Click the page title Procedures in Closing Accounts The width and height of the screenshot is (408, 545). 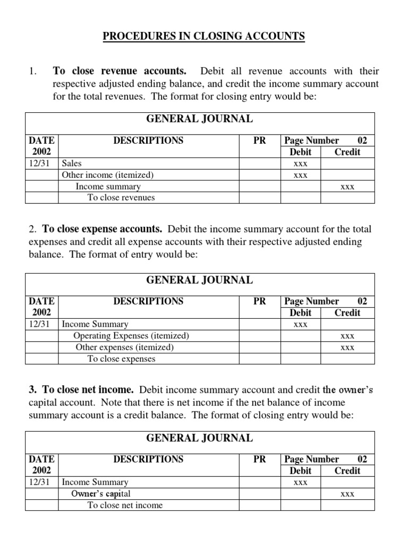pyautogui.click(x=203, y=36)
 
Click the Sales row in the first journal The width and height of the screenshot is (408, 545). pyautogui.click(x=72, y=163)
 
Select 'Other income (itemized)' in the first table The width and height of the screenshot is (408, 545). pyautogui.click(x=108, y=175)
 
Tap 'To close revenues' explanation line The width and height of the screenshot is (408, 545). pyautogui.click(x=121, y=197)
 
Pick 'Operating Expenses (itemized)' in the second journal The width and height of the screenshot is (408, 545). pyautogui.click(x=131, y=336)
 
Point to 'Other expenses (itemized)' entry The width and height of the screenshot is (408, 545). pyautogui.click(x=125, y=347)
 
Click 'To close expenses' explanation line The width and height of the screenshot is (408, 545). pyautogui.click(x=121, y=359)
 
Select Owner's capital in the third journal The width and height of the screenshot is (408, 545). pyautogui.click(x=101, y=493)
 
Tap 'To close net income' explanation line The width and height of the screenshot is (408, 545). pyautogui.click(x=125, y=505)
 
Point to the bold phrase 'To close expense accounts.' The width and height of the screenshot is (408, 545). pyautogui.click(x=103, y=229)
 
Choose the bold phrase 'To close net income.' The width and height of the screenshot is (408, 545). pyautogui.click(x=88, y=390)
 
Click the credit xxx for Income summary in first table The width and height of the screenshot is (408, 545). pyautogui.click(x=347, y=187)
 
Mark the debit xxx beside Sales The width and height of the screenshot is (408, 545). pyautogui.click(x=301, y=163)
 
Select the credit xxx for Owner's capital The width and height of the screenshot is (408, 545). pyautogui.click(x=347, y=494)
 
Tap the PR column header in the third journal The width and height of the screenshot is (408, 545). pyautogui.click(x=260, y=459)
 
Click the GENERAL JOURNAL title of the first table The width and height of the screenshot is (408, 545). pyautogui.click(x=200, y=119)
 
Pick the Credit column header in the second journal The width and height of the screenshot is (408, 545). pyautogui.click(x=347, y=312)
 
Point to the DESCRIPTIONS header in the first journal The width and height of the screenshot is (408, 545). pyautogui.click(x=148, y=141)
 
